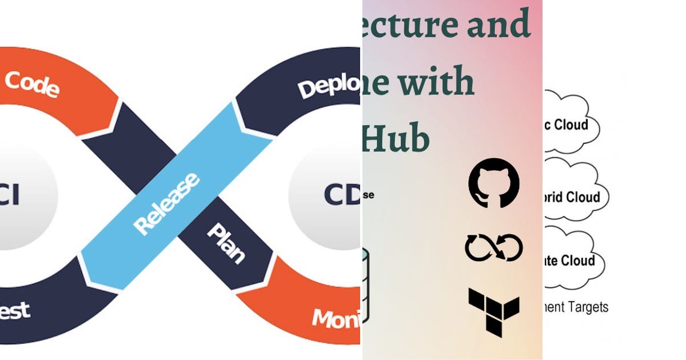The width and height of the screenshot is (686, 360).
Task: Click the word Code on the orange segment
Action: (32, 84)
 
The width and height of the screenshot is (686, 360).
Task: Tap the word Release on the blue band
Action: (166, 203)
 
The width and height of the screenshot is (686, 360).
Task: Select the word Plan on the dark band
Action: (226, 242)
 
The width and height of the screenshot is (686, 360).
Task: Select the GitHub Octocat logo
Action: (494, 183)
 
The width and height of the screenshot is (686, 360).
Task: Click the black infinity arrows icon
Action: (494, 247)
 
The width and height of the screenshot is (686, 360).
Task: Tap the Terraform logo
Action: (494, 312)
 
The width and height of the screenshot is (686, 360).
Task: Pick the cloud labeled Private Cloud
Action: (572, 261)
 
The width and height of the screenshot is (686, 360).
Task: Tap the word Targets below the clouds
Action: (589, 307)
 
